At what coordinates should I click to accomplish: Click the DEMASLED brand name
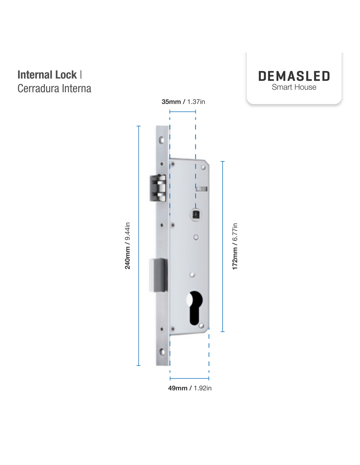pyautogui.click(x=294, y=76)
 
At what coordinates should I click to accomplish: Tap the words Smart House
pyautogui.click(x=294, y=87)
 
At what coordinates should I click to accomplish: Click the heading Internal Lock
pyautogui.click(x=47, y=75)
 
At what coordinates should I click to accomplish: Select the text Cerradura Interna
pyautogui.click(x=54, y=89)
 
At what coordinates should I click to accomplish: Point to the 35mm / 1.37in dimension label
pyautogui.click(x=183, y=102)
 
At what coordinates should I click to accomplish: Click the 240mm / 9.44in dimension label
pyautogui.click(x=127, y=246)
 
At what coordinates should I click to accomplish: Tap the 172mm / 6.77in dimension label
pyautogui.click(x=235, y=247)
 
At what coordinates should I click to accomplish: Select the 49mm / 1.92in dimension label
pyautogui.click(x=190, y=388)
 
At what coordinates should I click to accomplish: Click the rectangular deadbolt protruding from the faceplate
pyautogui.click(x=158, y=275)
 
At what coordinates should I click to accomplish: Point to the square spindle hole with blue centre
pyautogui.click(x=195, y=215)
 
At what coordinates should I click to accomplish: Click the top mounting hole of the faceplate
pyautogui.click(x=161, y=140)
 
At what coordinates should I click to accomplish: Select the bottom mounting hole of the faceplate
pyautogui.click(x=162, y=352)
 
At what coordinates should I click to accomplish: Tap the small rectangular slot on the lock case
pyautogui.click(x=202, y=189)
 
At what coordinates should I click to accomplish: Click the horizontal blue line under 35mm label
pyautogui.click(x=183, y=112)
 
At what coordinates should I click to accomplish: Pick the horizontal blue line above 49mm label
pyautogui.click(x=189, y=379)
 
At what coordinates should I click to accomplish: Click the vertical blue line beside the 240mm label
pyautogui.click(x=138, y=246)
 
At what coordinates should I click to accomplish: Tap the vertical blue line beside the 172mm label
pyautogui.click(x=223, y=247)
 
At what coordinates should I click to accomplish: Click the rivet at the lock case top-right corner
pyautogui.click(x=203, y=167)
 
